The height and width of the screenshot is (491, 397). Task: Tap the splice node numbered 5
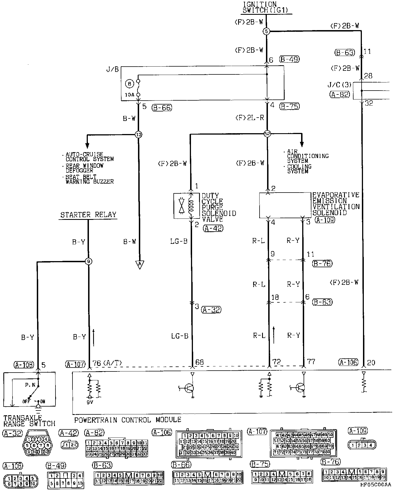pyautogui.click(x=267, y=31)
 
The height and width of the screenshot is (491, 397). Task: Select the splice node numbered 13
pyautogui.click(x=139, y=135)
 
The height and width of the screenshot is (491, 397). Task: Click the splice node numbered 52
pyautogui.click(x=267, y=134)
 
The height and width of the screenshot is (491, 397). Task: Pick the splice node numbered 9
pyautogui.click(x=88, y=261)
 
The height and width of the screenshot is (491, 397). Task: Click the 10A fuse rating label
pyautogui.click(x=129, y=95)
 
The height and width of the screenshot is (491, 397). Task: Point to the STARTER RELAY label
pyautogui.click(x=88, y=215)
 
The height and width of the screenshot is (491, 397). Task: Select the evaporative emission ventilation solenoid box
pyautogui.click(x=285, y=205)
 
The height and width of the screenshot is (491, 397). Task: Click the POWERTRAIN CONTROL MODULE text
pyautogui.click(x=128, y=420)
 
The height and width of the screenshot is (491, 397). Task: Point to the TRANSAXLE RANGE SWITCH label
pyautogui.click(x=29, y=421)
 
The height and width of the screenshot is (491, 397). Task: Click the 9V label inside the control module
pyautogui.click(x=90, y=403)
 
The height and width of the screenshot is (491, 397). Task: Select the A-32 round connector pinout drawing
pyautogui.click(x=38, y=446)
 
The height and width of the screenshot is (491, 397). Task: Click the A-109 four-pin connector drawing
pyautogui.click(x=362, y=445)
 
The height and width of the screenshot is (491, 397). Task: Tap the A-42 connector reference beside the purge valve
pyautogui.click(x=213, y=229)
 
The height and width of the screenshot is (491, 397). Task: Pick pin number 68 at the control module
pyautogui.click(x=199, y=362)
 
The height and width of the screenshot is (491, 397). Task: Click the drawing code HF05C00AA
pyautogui.click(x=377, y=486)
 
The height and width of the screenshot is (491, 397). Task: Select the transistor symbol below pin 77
pyautogui.click(x=300, y=388)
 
